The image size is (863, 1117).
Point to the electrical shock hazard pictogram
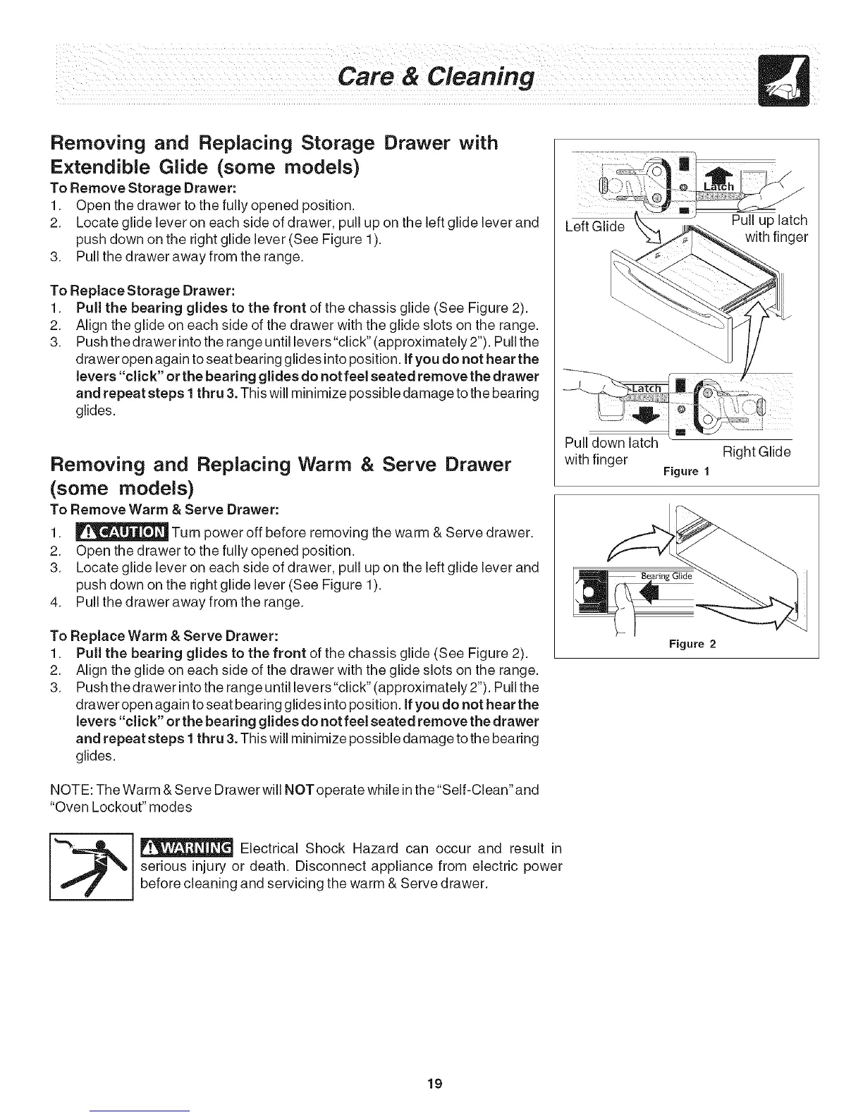tap(91, 867)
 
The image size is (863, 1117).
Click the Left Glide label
tap(596, 226)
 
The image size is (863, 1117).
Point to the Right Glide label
tap(755, 451)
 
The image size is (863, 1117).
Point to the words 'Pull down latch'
tap(611, 443)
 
